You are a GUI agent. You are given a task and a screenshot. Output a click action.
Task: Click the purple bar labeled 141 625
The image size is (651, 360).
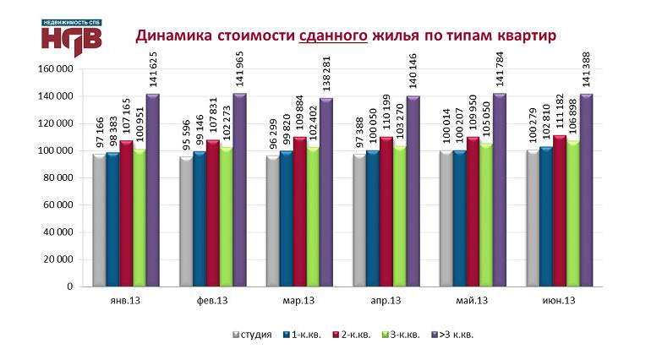pos(152,190)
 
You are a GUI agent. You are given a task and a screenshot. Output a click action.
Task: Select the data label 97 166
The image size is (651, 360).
pos(100,134)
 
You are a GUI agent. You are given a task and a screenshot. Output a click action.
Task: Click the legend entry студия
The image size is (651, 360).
pos(253,335)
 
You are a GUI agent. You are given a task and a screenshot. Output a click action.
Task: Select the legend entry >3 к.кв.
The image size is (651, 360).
pos(455,335)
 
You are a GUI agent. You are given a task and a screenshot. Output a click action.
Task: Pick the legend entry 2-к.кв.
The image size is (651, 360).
pos(356,335)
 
